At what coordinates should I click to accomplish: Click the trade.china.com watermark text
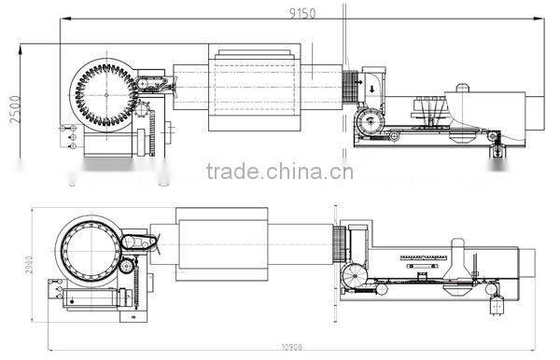(279, 172)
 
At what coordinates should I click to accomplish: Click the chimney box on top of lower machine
(456, 247)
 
